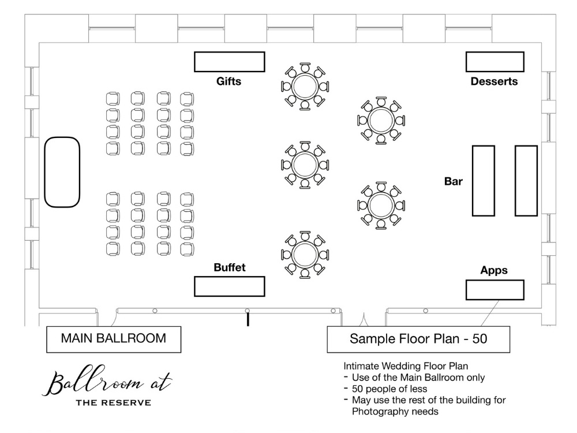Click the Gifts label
tap(229, 81)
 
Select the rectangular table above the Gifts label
tap(229, 62)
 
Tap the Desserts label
tap(494, 81)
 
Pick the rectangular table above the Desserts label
tap(494, 62)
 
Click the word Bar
tap(454, 181)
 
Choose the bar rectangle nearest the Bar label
tap(484, 181)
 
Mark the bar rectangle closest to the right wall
tap(526, 181)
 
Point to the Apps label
tap(494, 270)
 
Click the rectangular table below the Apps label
tap(494, 290)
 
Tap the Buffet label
tap(229, 267)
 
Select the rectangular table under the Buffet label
tap(229, 286)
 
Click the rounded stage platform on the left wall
tap(62, 171)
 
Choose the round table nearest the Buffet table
tap(305, 255)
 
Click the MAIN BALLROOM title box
tap(114, 339)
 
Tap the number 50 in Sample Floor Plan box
tap(480, 339)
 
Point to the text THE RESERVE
tap(114, 402)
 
